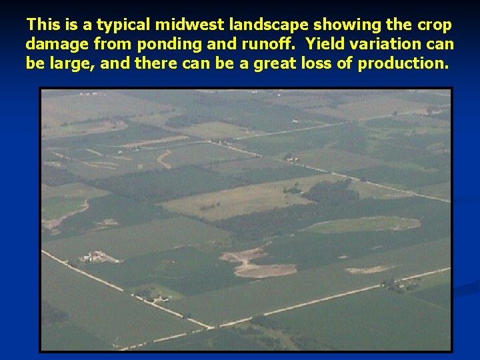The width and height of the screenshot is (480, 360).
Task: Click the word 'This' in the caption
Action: point(43,25)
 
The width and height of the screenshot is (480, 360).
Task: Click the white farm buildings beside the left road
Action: point(93,256)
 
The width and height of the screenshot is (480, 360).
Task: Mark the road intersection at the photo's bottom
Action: point(212,327)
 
